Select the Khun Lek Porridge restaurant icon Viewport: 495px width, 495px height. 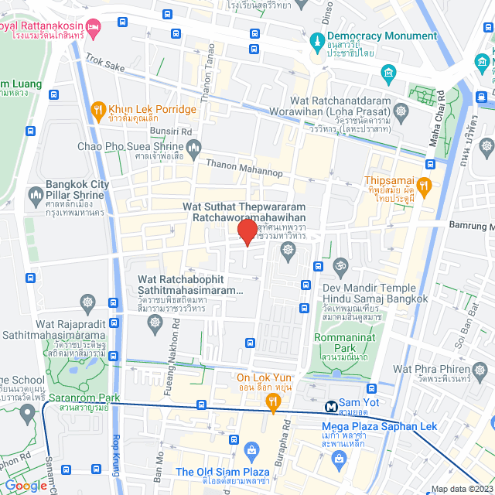pos(97,109)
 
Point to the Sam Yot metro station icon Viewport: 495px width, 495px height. pos(330,405)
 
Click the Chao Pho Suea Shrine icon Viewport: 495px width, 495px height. pos(193,146)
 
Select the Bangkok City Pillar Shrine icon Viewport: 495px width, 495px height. pos(35,194)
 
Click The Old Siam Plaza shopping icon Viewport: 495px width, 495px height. pos(251,450)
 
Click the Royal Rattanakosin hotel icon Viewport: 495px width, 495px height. pos(94,29)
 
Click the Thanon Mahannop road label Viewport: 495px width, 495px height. pos(244,168)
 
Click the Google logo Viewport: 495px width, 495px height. pos(26,485)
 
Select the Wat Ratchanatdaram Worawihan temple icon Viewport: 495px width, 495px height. pos(401,111)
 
